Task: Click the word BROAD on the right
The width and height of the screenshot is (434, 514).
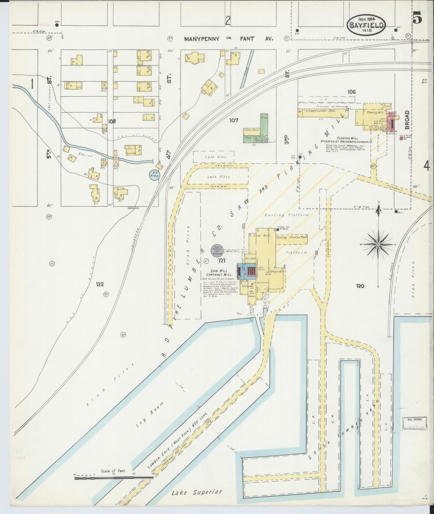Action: pos(407,120)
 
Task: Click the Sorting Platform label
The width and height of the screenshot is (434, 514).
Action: pos(287,215)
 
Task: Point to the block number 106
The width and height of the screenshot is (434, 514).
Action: pos(351,92)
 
